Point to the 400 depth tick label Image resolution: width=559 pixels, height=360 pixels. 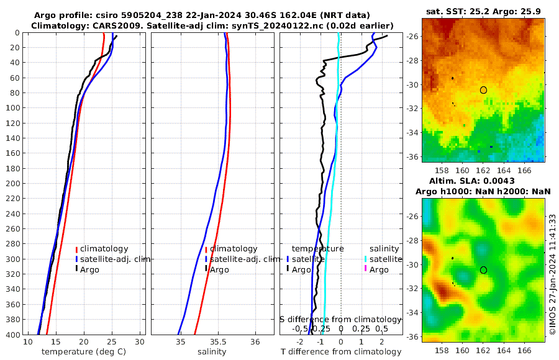[12, 335]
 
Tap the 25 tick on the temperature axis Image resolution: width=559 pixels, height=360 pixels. [112, 342]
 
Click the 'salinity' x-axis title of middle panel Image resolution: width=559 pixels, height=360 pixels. [211, 352]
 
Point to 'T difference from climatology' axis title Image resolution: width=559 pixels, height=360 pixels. [340, 352]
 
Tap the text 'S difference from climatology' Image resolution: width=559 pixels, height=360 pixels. [340, 319]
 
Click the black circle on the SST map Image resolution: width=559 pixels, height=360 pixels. [483, 90]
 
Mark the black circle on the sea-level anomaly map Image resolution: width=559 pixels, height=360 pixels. [483, 270]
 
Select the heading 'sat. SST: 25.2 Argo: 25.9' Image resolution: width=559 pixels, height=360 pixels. [483, 12]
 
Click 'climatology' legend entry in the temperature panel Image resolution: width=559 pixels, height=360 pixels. [104, 249]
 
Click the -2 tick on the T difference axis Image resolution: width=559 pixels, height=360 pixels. [301, 342]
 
